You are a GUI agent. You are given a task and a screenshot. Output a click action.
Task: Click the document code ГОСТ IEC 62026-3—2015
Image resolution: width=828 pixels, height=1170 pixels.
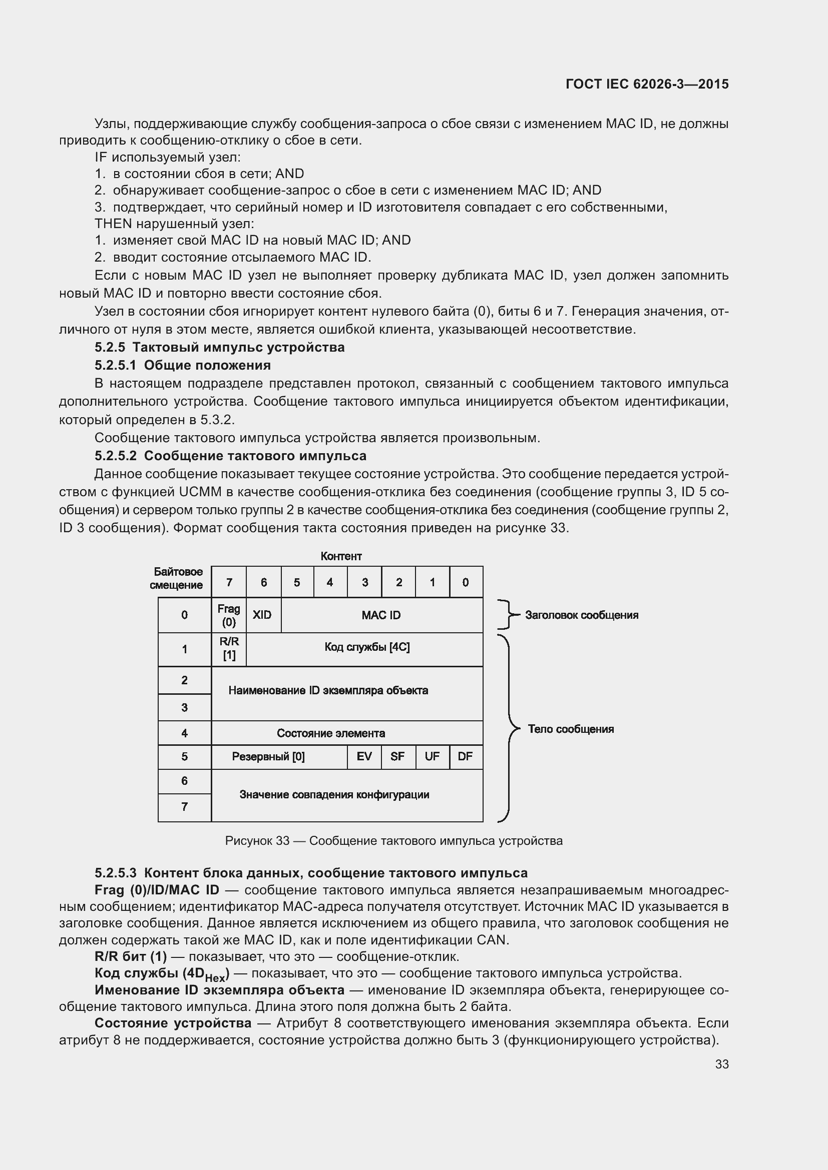point(646,84)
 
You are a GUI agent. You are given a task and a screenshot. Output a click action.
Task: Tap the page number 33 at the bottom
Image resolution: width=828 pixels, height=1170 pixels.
point(721,1064)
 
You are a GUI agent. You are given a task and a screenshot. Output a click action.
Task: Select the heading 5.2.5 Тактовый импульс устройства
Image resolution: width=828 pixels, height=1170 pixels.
point(219,348)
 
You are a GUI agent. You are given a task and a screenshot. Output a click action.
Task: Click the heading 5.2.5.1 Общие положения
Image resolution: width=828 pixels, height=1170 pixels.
point(183,365)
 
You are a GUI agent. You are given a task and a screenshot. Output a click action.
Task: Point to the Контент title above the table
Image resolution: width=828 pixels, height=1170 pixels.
point(341,556)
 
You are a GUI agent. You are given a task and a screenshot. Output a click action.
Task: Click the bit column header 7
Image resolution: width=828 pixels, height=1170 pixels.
point(229,582)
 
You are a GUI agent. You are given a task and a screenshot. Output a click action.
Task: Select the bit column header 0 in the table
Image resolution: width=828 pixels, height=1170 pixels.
point(466,582)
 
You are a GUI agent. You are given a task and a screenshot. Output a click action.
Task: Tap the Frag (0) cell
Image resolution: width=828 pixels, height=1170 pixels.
point(228,615)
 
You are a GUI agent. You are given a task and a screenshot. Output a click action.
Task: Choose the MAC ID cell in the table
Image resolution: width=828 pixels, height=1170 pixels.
point(381,615)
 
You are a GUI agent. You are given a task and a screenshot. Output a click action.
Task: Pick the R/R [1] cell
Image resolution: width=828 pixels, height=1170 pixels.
point(229,648)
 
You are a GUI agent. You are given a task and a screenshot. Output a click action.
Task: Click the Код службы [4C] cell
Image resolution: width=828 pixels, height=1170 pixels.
point(366,647)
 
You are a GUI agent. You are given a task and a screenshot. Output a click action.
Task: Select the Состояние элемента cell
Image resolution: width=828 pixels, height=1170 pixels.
point(331,733)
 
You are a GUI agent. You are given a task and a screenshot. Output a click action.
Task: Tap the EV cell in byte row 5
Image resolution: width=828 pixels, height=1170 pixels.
point(364,756)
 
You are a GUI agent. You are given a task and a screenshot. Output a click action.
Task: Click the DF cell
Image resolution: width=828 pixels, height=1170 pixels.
point(465,756)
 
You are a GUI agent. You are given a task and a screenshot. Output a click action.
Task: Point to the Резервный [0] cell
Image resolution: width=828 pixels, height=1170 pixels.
point(268,757)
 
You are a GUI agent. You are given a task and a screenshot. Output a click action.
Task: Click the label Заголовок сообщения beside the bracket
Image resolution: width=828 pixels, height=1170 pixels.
point(581,615)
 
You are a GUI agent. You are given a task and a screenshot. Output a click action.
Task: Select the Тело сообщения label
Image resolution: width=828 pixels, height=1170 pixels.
point(571,729)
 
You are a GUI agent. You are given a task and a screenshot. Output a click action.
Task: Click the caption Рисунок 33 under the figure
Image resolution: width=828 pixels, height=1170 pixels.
point(393,841)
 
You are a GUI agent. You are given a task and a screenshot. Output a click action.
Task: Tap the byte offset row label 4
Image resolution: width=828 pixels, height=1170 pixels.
point(185,733)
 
